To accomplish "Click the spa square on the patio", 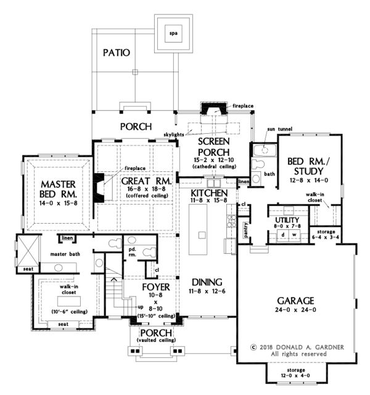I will coord(172,33).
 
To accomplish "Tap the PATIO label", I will coord(117,53).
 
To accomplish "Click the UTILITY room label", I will coord(287,220).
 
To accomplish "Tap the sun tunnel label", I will coord(279,129).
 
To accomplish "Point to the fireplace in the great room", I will coord(99,185).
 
